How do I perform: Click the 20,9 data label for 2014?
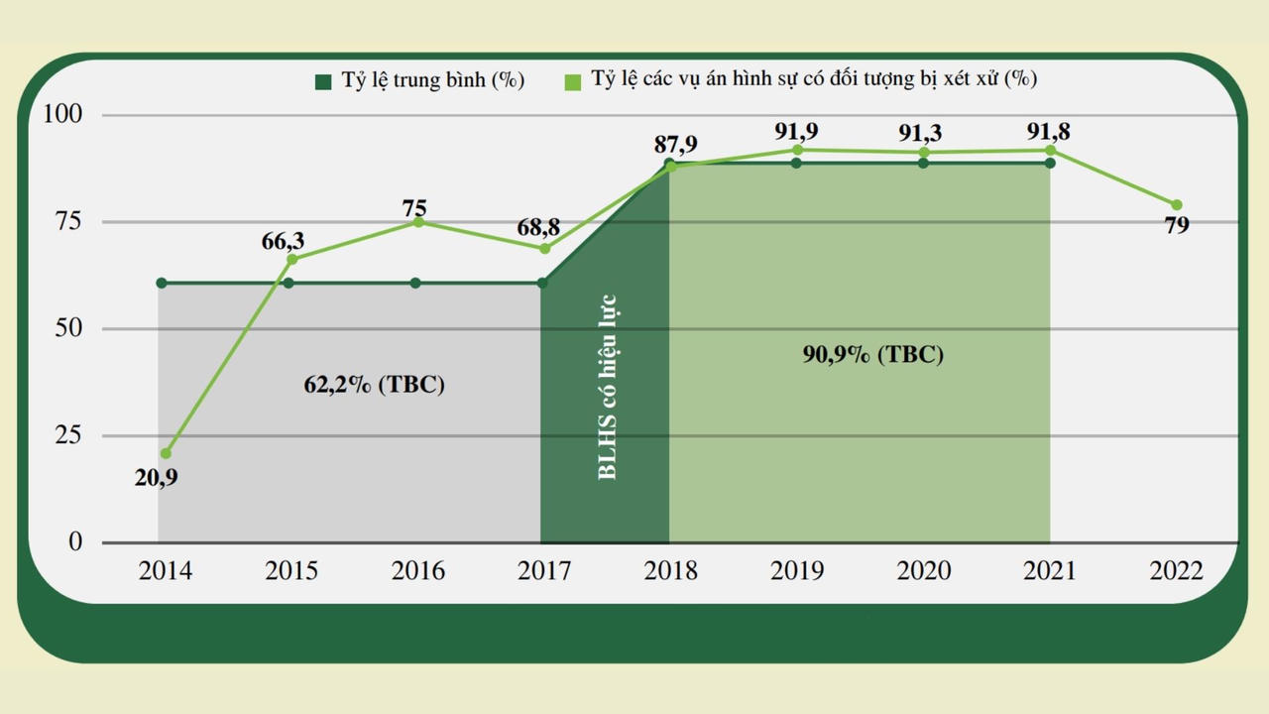[x=157, y=478]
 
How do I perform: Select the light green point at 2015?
[x=291, y=260]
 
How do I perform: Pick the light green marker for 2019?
[x=797, y=150]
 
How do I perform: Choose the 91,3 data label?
[x=922, y=134]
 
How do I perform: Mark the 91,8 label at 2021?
[x=1049, y=132]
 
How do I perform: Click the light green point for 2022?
[x=1177, y=205]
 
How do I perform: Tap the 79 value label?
[x=1177, y=225]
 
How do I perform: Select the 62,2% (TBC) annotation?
[x=375, y=385]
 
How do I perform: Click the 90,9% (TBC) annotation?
[x=873, y=354]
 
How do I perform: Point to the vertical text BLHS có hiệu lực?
[x=608, y=387]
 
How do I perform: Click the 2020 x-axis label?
[x=923, y=571]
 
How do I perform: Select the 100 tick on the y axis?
[x=62, y=115]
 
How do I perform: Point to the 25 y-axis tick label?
[x=68, y=435]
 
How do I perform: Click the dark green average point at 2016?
[x=415, y=284]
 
